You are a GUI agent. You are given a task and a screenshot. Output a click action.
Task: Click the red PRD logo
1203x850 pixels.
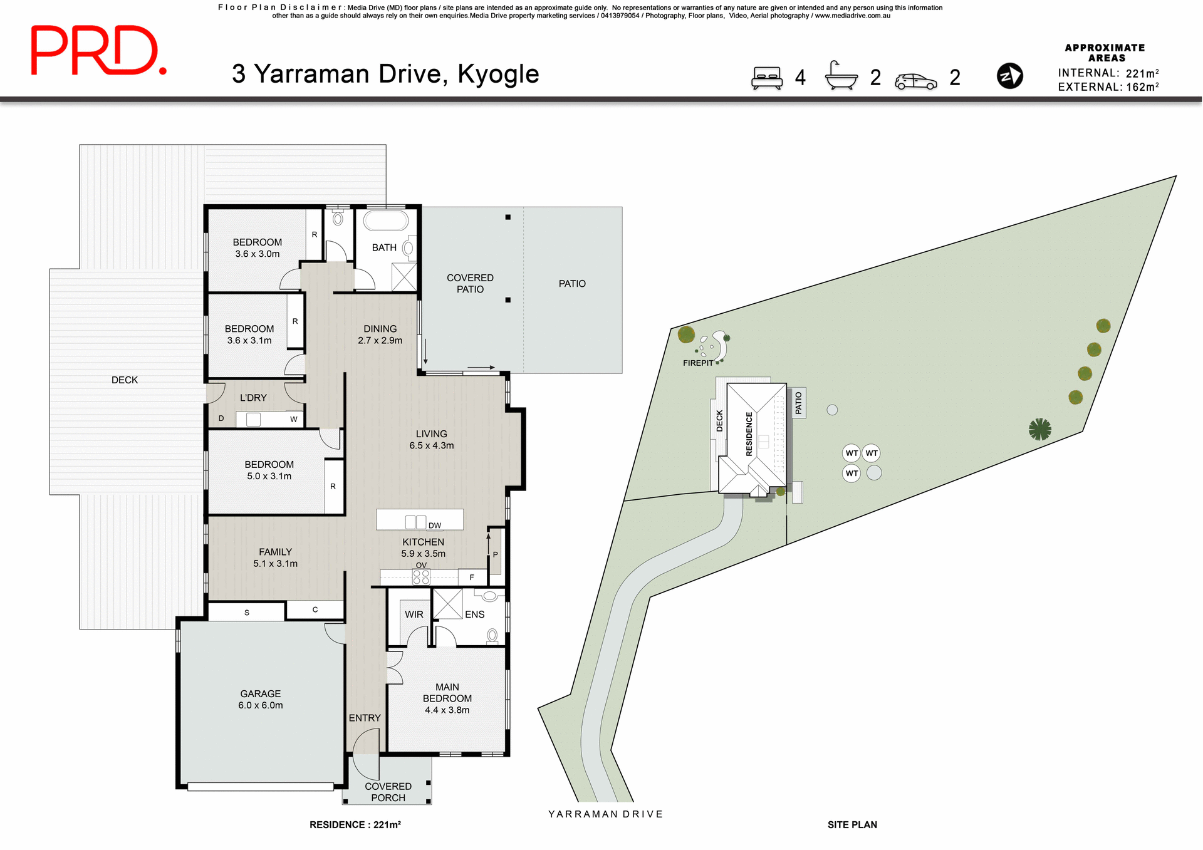tap(98, 50)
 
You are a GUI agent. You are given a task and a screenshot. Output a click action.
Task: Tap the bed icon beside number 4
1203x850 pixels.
tap(767, 78)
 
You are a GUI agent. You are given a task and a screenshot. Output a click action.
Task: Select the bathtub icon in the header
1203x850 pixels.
tap(841, 76)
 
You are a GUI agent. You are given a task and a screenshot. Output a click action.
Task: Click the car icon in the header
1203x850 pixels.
tap(915, 81)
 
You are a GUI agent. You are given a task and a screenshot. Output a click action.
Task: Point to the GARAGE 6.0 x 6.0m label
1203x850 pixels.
tap(260, 699)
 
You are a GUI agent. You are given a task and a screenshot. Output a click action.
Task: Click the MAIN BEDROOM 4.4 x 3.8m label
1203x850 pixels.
tap(447, 698)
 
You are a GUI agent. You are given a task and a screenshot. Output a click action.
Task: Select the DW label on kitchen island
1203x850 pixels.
tap(435, 525)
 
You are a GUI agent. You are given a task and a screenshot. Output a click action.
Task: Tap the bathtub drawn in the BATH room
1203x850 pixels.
tap(386, 221)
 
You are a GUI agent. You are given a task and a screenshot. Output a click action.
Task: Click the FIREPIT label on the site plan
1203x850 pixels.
tap(698, 363)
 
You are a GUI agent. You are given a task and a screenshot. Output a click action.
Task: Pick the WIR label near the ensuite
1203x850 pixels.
tap(414, 614)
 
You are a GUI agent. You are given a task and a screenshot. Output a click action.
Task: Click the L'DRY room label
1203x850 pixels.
tap(253, 398)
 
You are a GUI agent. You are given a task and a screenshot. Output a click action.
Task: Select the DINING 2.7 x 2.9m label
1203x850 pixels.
tap(380, 334)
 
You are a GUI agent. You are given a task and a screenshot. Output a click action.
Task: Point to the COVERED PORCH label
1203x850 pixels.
tap(388, 792)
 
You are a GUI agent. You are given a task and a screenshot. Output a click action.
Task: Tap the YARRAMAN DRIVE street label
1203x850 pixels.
tap(605, 814)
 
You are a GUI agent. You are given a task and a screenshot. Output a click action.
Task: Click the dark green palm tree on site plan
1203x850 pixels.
tap(1039, 429)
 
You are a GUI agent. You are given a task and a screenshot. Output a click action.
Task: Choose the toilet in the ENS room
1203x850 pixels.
tap(492, 636)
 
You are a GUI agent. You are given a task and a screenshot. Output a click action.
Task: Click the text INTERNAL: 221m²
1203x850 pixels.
tap(1108, 73)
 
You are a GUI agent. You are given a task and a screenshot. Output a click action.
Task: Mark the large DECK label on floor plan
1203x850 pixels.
tap(125, 380)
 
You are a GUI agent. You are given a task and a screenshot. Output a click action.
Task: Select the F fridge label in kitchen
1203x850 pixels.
tap(472, 577)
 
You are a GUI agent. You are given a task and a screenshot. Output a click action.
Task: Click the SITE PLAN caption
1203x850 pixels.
tap(852, 824)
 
